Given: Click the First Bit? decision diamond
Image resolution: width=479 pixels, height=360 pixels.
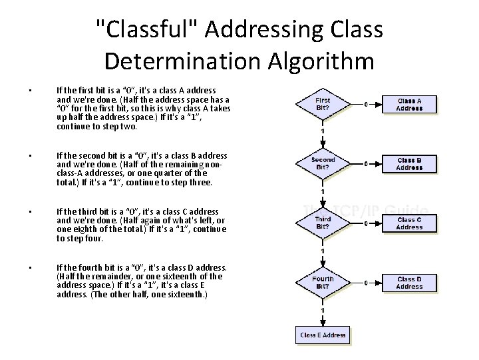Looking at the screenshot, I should [322, 104].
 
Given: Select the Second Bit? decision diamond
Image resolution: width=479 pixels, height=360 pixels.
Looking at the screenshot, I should [322, 164].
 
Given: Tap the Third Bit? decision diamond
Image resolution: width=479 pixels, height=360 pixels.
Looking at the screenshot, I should [322, 223].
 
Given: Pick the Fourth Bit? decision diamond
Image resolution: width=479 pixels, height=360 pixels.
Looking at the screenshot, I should [322, 283].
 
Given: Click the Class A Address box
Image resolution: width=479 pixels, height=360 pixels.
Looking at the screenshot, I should [409, 104].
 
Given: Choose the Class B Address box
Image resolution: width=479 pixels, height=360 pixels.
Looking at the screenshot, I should [409, 164].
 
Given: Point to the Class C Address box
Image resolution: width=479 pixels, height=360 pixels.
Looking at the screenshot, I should [409, 223].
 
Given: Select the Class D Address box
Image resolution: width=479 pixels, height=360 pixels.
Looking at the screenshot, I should [409, 283].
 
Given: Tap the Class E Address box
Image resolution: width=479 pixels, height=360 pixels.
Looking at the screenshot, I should [323, 335].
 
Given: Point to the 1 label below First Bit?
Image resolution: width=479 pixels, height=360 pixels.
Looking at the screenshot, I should [323, 131].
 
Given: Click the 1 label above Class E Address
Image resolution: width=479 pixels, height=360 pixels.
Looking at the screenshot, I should [323, 311].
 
